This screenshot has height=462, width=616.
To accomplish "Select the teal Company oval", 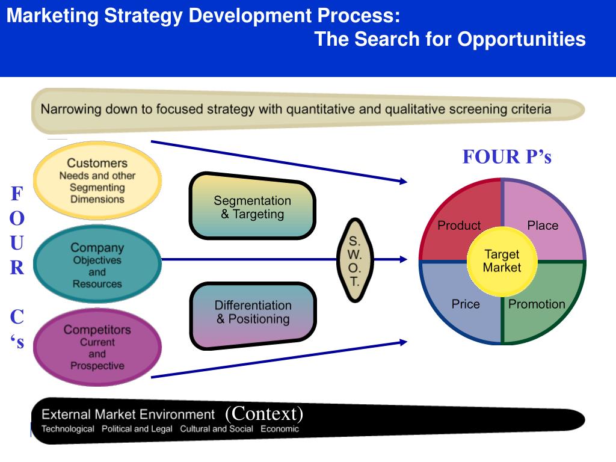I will (97, 265).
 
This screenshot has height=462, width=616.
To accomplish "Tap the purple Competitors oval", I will (97, 348).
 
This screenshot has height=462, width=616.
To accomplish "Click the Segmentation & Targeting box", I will (252, 207).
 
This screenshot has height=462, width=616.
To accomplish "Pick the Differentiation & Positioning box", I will (253, 314).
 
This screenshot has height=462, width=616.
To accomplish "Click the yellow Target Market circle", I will (502, 260).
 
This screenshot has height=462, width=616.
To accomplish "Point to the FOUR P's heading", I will (507, 157).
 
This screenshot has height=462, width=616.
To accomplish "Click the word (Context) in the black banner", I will (264, 414).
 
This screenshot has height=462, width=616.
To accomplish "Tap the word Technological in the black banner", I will (67, 429).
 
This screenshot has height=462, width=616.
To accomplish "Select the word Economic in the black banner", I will (279, 429).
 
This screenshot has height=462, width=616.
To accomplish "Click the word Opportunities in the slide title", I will (522, 40).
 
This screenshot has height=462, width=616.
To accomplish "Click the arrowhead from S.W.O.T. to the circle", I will (403, 260).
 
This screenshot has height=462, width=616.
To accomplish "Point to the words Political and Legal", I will (137, 429).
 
